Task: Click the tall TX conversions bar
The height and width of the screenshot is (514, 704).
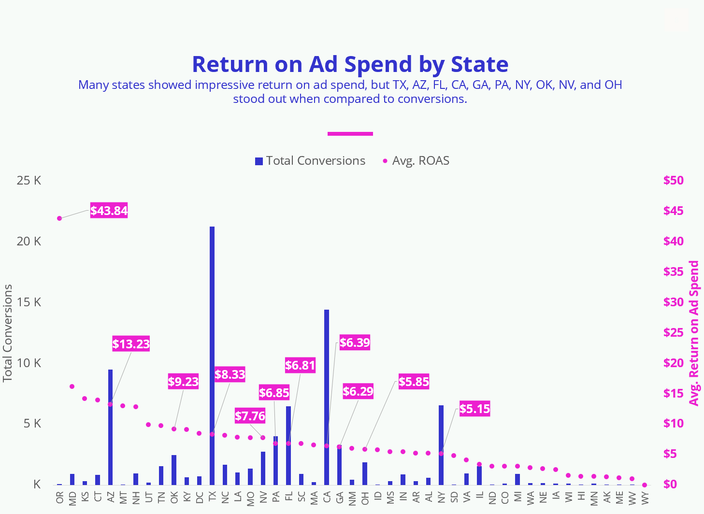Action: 212,355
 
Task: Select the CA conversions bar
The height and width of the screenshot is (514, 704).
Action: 327,396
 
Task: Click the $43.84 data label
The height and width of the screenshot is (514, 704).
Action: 109,211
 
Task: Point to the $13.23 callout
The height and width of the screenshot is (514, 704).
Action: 131,344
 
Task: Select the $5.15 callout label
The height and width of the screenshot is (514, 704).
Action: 474,409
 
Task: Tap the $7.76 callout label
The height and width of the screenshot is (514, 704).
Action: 250,415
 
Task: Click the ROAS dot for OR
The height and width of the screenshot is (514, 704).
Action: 59,218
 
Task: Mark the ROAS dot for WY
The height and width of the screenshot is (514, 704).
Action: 645,485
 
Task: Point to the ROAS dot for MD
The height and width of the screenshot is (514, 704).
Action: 72,386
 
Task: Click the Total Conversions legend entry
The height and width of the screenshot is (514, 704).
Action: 310,161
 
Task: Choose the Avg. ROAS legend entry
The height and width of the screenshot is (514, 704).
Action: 416,161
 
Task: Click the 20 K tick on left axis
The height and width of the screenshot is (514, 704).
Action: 29,241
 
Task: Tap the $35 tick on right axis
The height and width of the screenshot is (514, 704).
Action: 674,271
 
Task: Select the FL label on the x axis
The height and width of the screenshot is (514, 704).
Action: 288,497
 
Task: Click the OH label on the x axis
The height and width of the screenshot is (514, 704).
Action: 365,497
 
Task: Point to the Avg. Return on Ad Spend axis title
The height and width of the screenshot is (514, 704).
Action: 694,333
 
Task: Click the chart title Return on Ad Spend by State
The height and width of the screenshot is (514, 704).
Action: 350,64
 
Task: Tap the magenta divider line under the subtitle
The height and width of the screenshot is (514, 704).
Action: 350,134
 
